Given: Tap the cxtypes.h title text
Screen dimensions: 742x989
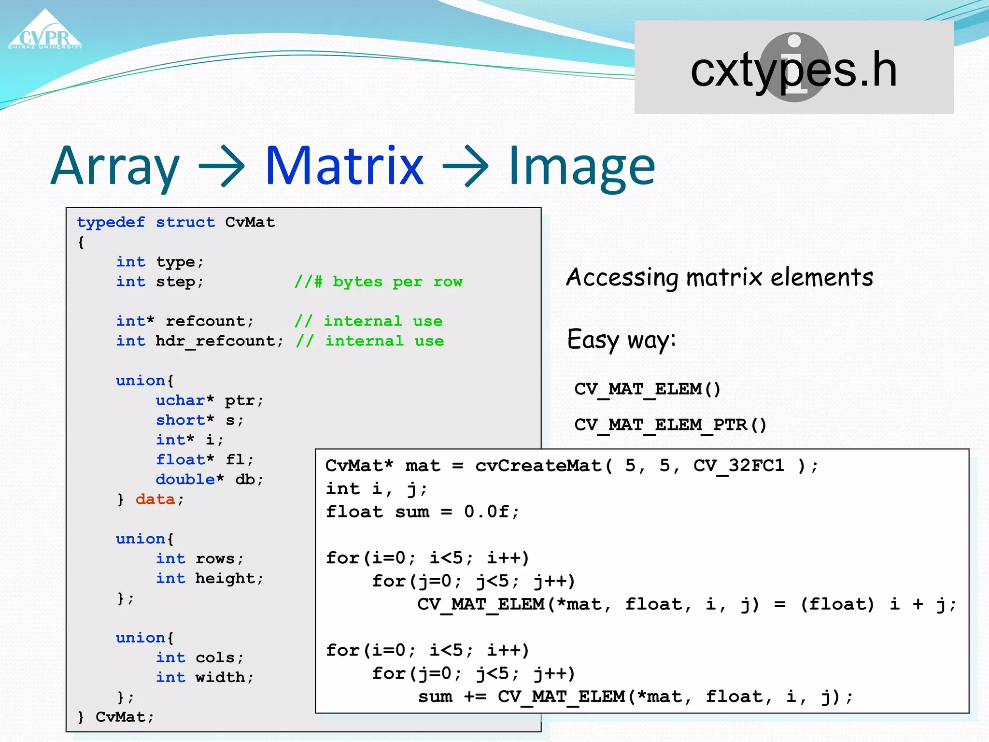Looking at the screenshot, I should (x=793, y=70).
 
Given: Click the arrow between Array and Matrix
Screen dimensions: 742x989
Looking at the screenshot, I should (x=222, y=167).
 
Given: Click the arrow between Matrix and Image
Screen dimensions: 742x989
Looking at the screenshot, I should (x=466, y=167).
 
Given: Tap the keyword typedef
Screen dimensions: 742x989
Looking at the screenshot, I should (x=111, y=222).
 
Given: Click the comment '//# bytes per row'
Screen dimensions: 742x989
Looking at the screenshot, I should (x=379, y=282).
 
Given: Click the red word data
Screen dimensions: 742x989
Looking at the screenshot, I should (x=155, y=499).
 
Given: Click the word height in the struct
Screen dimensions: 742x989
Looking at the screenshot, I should (x=225, y=578).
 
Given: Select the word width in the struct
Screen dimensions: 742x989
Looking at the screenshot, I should (x=220, y=677).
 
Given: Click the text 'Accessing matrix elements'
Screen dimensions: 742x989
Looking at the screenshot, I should (x=720, y=277).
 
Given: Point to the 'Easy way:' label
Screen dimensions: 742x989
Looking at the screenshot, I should (x=621, y=340).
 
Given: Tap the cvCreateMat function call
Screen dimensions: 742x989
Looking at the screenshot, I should (x=538, y=466).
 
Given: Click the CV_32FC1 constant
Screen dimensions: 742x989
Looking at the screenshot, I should (x=739, y=466).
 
